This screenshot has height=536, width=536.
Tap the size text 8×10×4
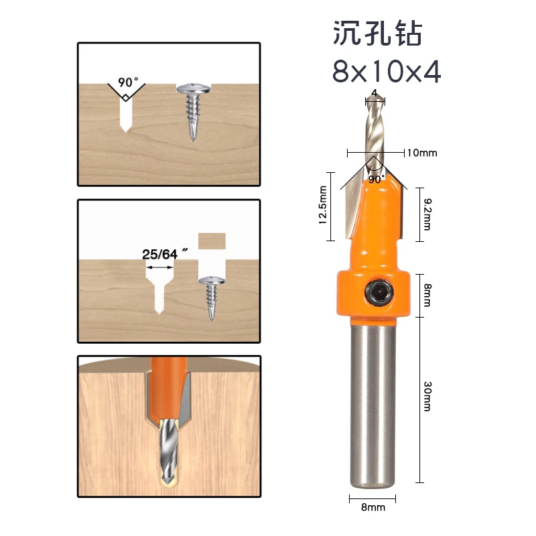387,72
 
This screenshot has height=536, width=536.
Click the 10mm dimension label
421,153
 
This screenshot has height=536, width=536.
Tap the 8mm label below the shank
373,508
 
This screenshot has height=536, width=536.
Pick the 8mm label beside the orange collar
427,294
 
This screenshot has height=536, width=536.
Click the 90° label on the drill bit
375,180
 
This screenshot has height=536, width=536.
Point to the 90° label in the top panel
127,82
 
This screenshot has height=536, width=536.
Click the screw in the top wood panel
193,110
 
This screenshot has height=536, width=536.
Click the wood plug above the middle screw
212,241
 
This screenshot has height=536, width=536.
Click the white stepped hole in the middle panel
159,288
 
